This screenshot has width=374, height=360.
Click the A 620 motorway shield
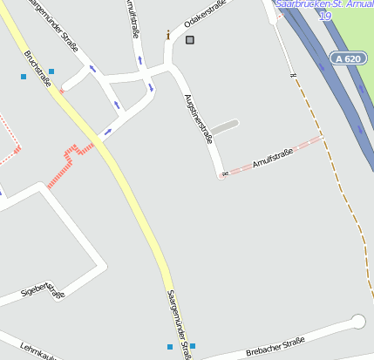pos(347,58)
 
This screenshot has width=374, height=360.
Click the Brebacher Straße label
pos(275,345)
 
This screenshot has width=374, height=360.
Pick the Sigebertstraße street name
pos(43,290)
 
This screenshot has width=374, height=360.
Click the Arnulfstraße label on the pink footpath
pos(272,158)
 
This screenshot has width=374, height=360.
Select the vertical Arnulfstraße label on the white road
pos(133,19)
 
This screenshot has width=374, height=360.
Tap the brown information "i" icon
pos(168,35)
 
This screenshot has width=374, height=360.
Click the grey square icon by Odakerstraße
pos(190,39)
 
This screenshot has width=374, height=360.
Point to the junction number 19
pos(325,16)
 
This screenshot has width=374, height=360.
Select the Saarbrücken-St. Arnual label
pos(323,4)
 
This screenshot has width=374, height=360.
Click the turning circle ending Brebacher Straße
pos(357,322)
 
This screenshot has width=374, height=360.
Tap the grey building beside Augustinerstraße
pos(224,127)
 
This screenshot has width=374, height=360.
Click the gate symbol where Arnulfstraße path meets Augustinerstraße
pos(225,174)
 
